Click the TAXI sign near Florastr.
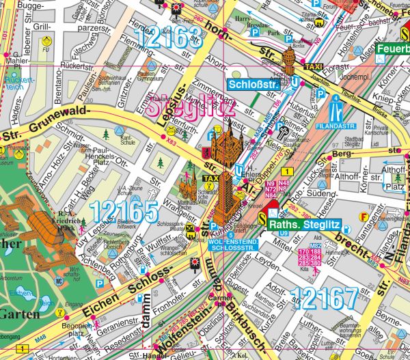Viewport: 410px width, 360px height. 313,67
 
